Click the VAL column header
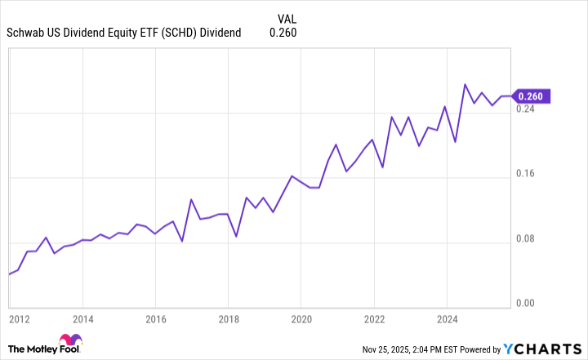(x=286, y=17)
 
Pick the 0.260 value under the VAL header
(x=283, y=33)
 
